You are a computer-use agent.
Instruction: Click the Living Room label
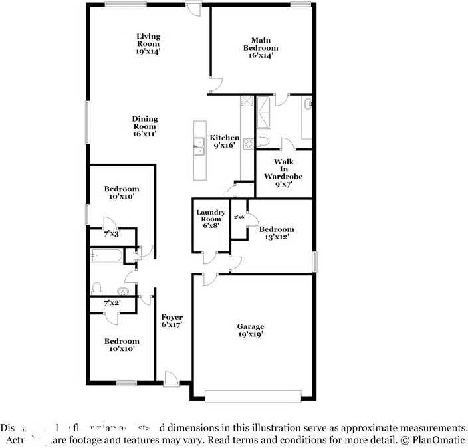148,41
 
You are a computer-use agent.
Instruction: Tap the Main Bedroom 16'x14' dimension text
261,56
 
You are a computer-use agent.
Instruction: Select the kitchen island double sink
199,146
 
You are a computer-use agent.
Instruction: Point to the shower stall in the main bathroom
265,112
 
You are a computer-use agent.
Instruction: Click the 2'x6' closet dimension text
239,217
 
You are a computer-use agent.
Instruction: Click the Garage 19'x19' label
251,330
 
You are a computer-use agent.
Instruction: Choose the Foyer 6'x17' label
172,321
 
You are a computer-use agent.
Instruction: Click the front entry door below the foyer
171,380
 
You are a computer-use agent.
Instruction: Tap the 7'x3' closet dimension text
112,235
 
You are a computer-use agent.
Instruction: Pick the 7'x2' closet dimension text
112,304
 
